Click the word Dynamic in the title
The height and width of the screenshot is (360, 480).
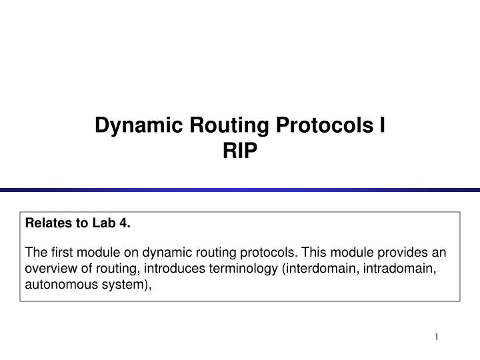coord(134,125)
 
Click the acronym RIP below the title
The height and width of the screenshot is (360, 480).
coord(240,152)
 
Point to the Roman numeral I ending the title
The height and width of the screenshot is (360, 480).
coord(383,125)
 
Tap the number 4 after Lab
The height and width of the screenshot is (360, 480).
coord(123,223)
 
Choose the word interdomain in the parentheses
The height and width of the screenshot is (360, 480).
coord(313,269)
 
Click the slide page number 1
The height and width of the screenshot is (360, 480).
coord(437,337)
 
